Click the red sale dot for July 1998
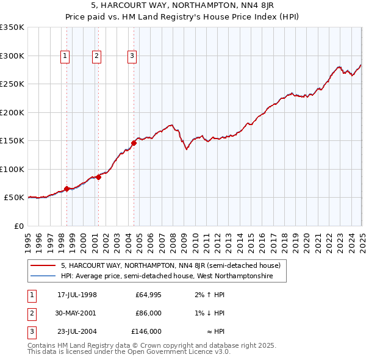(66, 189)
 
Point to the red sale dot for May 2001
(98, 178)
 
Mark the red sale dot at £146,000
(134, 143)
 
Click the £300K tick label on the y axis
(12, 56)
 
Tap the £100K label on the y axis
(12, 169)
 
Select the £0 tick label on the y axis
(18, 226)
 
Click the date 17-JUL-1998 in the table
(77, 295)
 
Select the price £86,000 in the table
(148, 313)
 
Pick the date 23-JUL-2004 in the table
(77, 331)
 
